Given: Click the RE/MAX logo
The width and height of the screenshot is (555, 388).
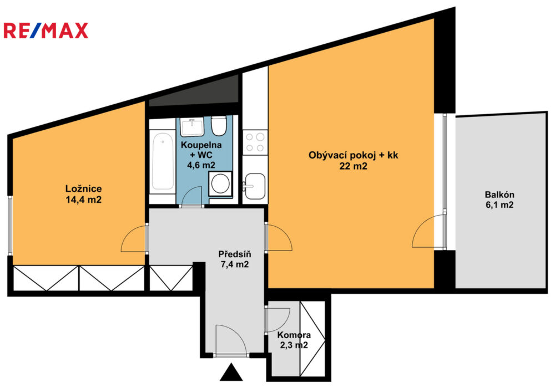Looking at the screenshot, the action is coord(46,30).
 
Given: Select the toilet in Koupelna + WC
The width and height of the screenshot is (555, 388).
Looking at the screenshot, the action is coord(219,126).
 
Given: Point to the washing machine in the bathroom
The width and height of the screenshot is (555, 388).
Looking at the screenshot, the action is coord(220,183).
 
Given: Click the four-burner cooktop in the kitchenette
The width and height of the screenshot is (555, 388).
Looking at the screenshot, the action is coord(255,142).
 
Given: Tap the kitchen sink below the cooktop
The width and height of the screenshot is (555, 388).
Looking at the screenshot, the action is coord(254,187).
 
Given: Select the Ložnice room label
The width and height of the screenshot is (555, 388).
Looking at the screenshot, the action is coord(84,188).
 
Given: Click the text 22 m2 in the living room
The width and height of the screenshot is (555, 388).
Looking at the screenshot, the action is coord(353,166).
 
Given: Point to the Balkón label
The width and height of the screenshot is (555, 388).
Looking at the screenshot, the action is coord(500,195).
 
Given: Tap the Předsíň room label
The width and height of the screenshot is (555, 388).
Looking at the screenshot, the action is coord(235,254).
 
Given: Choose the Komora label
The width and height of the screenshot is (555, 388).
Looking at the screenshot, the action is coord(294,335).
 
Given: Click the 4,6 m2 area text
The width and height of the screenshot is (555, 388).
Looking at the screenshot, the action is coord(201,165).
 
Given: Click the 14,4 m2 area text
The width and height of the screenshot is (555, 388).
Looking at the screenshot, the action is coord(84,200).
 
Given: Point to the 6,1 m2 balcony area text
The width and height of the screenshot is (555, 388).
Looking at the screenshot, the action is coord(500,205).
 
